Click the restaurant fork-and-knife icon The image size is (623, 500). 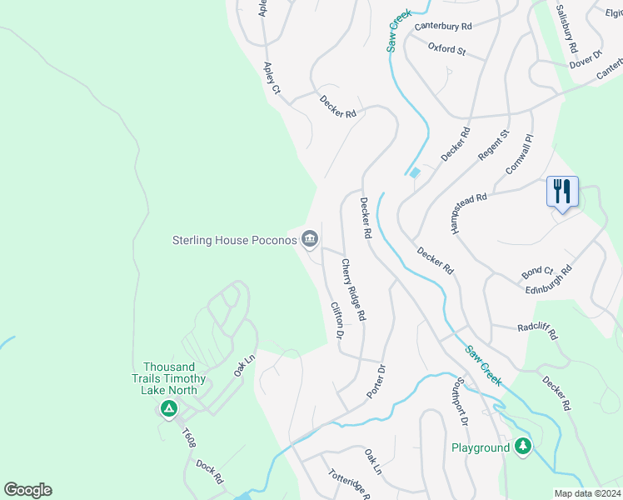click(562, 192)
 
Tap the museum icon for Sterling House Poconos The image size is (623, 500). click(310, 241)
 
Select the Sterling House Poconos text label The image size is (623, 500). click(234, 241)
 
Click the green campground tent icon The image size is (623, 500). click(168, 409)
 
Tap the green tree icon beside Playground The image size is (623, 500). click(522, 447)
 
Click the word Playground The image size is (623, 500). click(481, 447)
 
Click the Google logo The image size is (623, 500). click(27, 490)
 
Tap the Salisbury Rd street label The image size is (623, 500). click(567, 28)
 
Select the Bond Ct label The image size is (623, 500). click(537, 271)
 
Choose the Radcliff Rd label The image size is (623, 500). click(536, 331)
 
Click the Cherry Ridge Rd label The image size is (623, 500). click(353, 290)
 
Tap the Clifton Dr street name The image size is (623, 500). click(336, 320)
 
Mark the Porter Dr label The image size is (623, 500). click(376, 381)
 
